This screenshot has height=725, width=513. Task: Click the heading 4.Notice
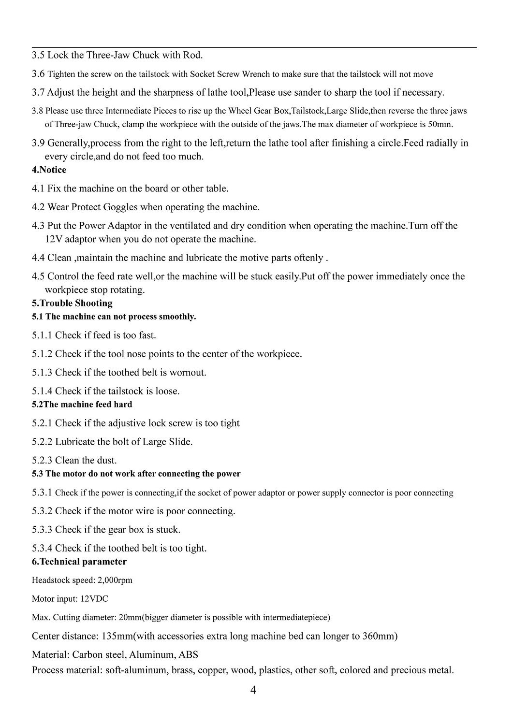[49, 170]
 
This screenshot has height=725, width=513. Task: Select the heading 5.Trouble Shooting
[72, 304]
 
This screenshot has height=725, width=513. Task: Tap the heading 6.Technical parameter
[79, 562]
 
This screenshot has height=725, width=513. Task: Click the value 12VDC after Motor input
[94, 599]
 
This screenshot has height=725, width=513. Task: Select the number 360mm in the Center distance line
[380, 636]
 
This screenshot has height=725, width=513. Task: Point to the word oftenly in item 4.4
[308, 258]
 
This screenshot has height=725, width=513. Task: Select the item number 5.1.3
[42, 373]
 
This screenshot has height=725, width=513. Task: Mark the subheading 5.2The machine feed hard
[82, 405]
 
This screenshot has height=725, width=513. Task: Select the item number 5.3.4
[42, 548]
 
